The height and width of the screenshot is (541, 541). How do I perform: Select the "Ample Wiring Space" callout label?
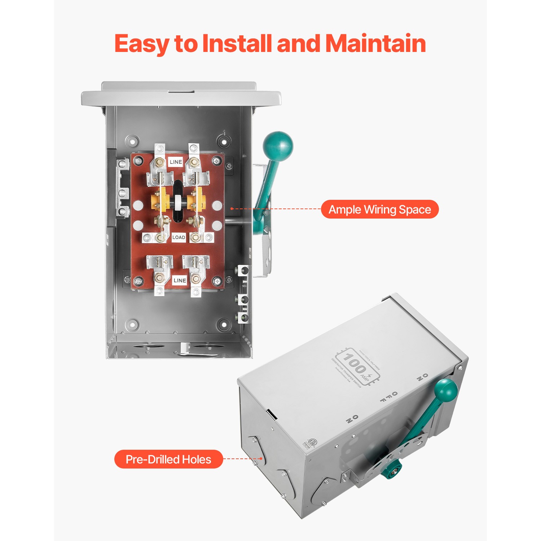point(380,210)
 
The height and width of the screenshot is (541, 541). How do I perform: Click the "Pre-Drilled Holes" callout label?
point(168,459)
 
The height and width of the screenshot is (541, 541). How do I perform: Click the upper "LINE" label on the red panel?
point(176,162)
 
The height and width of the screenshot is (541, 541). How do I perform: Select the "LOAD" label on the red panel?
point(179,237)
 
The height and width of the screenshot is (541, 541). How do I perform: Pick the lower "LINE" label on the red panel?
point(180,280)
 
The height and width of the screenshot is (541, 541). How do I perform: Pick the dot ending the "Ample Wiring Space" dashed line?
point(232,209)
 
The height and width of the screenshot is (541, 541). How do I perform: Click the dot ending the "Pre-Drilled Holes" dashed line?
point(261,459)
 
